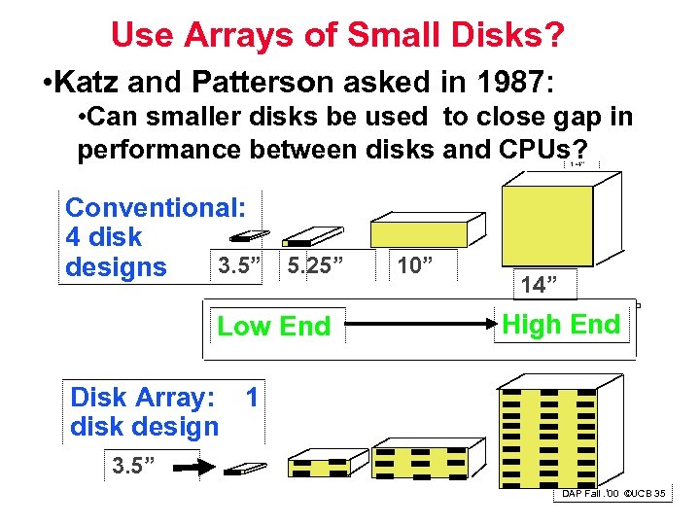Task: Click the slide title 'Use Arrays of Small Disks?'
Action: coord(337,35)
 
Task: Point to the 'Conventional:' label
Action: coord(157,207)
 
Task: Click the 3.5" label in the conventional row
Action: coord(238,264)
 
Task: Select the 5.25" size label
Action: coord(316,264)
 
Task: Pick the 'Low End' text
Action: coord(273,327)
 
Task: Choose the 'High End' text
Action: coord(561,325)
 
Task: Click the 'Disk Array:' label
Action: coord(142,398)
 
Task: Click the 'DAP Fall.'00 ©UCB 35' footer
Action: coord(612,494)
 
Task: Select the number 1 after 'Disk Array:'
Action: coord(253,398)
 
